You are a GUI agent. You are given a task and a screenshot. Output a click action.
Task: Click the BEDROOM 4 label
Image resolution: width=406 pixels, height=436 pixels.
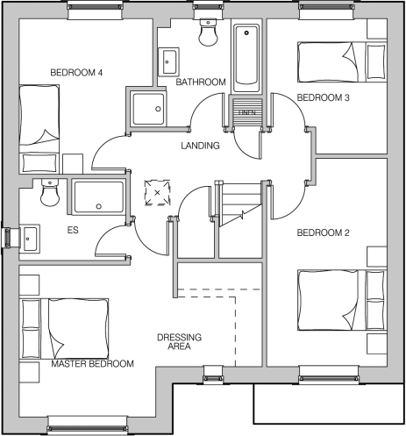tap(76, 72)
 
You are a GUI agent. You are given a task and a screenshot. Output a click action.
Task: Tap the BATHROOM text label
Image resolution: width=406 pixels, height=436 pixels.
tap(201, 82)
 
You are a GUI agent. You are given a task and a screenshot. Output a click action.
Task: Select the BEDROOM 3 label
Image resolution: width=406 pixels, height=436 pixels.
tap(323, 97)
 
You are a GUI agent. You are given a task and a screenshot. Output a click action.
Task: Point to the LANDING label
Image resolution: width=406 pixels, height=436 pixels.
tap(200, 145)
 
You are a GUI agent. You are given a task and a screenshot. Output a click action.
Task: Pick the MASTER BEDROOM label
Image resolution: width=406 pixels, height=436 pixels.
tap(92, 363)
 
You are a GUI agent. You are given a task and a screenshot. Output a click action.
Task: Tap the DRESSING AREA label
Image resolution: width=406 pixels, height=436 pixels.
tap(179, 341)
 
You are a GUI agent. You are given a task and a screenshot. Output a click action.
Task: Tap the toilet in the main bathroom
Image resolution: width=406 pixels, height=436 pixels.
tap(209, 33)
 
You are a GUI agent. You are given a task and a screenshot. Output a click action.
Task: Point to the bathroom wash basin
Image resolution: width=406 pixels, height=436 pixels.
tap(169, 61)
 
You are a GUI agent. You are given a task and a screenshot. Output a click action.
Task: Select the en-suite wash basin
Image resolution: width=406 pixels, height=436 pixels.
tap(29, 237)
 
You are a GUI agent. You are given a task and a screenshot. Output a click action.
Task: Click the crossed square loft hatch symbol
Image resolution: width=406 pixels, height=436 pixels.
tap(158, 191)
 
